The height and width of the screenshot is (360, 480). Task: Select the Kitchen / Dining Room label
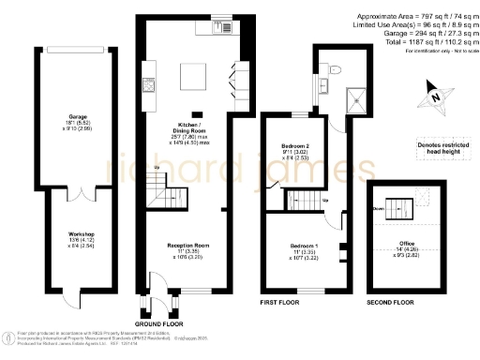click(191, 127)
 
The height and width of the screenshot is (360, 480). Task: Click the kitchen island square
click(195, 74)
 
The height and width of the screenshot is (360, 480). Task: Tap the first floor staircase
click(303, 200)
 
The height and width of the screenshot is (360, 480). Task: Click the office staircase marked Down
click(394, 206)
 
